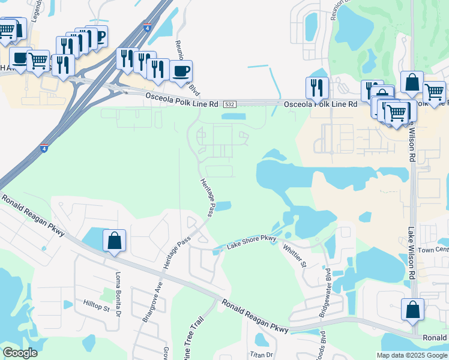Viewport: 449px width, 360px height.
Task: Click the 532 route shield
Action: [229, 104]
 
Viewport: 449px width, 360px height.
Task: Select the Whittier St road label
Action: [294, 256]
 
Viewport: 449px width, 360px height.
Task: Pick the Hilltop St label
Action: [97, 306]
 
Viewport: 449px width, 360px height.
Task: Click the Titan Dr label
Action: [261, 355]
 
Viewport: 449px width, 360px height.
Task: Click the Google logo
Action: [20, 353]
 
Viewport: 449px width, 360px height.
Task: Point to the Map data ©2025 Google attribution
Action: [411, 355]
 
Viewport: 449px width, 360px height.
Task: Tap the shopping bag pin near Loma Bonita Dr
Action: [114, 241]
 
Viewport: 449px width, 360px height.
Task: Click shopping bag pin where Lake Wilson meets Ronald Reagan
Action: [412, 310]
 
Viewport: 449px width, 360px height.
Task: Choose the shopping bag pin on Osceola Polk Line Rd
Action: [412, 83]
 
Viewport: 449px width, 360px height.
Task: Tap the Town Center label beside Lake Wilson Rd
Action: [433, 250]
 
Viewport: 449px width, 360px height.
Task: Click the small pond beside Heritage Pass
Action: [223, 206]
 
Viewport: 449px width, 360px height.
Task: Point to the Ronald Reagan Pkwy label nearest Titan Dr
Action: [255, 316]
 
